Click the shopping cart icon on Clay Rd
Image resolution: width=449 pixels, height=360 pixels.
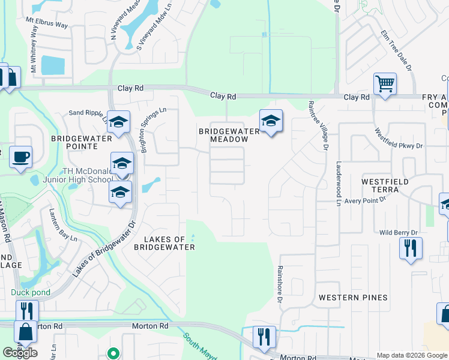coord(385,83)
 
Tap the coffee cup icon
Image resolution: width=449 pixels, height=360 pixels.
coord(21,157)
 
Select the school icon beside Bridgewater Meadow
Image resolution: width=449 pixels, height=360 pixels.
coord(271,121)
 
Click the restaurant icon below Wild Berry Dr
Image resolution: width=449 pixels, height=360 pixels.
coord(411,248)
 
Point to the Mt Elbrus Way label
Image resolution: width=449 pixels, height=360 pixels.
coord(46,22)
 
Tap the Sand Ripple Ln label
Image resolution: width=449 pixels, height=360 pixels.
coord(88,113)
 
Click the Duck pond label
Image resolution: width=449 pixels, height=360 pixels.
coord(30,292)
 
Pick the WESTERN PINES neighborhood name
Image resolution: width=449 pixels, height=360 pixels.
coord(353,298)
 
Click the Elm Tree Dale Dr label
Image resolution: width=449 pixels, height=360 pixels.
coord(397,51)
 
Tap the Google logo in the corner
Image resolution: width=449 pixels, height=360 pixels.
coord(20,353)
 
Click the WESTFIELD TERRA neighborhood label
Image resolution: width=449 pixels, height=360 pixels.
coord(385,185)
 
